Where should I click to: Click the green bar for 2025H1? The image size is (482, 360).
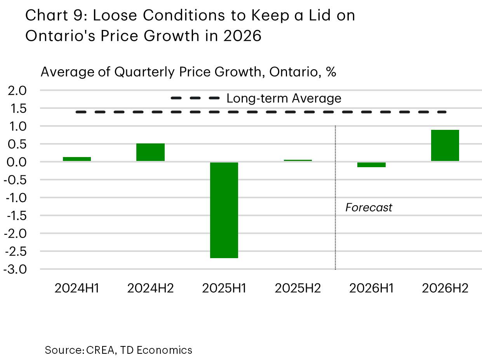coord(224,210)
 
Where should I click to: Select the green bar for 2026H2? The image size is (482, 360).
coord(445,145)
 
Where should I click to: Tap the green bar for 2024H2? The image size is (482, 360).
coord(150,152)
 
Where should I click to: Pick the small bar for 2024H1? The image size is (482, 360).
coord(77,159)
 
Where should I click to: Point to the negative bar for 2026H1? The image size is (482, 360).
coord(371,164)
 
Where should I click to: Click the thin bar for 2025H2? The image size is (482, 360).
coord(298,160)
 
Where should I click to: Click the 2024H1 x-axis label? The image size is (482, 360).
coord(77,288)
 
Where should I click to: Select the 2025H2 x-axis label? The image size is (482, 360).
coord(298,288)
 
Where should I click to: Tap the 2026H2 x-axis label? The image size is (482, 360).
coord(445,288)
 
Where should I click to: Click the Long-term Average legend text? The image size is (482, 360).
coord(284,98)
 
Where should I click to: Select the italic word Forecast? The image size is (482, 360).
coord(369,208)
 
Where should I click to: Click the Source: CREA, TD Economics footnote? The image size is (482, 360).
coord(118,350)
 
